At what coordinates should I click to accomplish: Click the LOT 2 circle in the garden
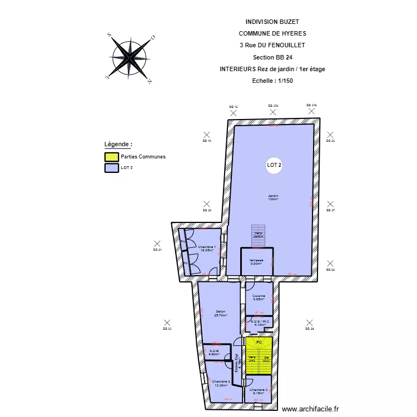(x=274, y=165)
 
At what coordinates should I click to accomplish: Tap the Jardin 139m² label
(x=273, y=197)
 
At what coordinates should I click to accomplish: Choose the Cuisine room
(x=259, y=297)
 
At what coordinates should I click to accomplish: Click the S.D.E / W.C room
(x=259, y=323)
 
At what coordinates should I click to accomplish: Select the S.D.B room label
(x=214, y=352)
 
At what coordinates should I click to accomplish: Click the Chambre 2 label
(x=221, y=383)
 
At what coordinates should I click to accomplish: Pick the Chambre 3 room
(x=259, y=390)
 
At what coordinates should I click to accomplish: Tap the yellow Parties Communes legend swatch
(x=111, y=157)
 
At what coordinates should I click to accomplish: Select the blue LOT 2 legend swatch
(x=111, y=167)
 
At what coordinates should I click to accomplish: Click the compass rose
(x=130, y=58)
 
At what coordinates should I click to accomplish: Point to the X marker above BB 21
(x=157, y=244)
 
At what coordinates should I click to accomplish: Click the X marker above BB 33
(x=166, y=322)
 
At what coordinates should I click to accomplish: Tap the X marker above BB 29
(x=310, y=322)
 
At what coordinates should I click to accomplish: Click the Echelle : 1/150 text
(x=272, y=81)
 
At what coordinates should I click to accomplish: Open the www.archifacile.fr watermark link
(x=310, y=409)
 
